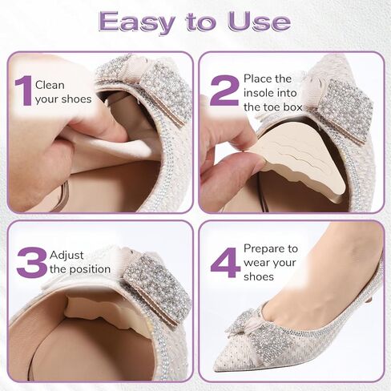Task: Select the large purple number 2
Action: click(224, 90)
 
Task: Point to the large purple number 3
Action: click(30, 262)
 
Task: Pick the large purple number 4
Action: click(224, 262)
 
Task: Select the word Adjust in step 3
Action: click(67, 255)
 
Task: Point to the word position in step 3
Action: click(89, 269)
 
